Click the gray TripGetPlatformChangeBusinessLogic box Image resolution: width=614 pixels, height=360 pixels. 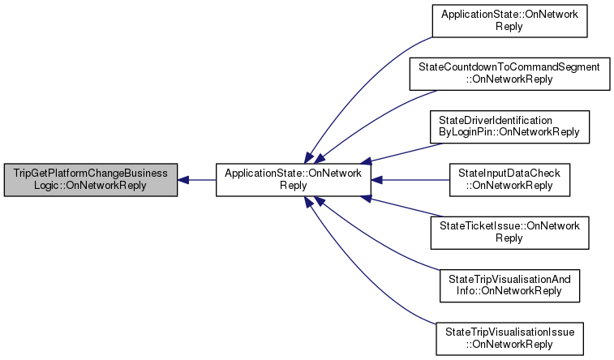tap(90, 179)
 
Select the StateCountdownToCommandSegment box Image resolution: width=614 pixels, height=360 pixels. tap(509, 72)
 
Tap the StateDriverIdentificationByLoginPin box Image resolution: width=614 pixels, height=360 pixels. tap(509, 126)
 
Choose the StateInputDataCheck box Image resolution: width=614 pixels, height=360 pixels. tap(509, 179)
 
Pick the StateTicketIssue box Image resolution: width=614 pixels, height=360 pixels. tap(509, 233)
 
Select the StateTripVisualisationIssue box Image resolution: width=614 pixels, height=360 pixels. tap(509, 338)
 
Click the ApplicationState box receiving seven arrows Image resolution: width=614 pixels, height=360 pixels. tap(293, 179)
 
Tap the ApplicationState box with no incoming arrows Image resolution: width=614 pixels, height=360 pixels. tap(509, 19)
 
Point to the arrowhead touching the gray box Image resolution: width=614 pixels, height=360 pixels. tap(184, 179)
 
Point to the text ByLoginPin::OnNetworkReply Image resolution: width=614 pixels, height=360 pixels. tap(509, 131)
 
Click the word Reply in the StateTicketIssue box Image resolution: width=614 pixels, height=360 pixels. tap(509, 238)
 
